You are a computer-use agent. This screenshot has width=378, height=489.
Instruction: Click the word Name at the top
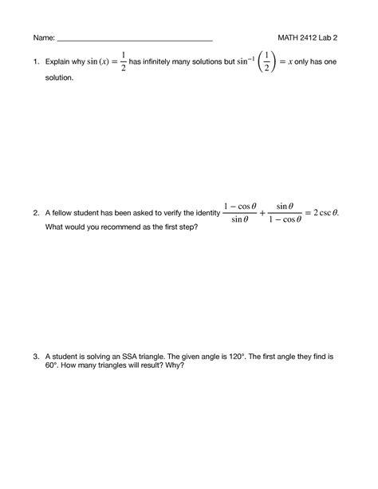tap(43, 37)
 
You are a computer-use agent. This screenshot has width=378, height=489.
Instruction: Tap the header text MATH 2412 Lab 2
tap(308, 37)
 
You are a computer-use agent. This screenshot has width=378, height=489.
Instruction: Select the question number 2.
tap(36, 213)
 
